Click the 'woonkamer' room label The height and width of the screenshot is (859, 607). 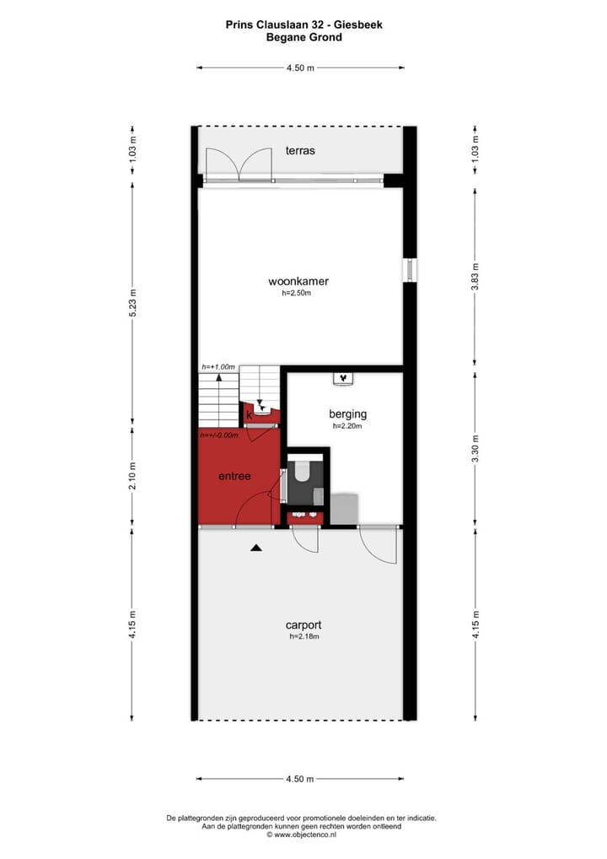[298, 281]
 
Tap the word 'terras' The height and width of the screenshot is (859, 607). [299, 150]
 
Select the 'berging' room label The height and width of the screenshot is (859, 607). [347, 414]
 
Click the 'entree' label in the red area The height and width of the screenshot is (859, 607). [234, 476]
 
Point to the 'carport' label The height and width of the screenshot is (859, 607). [303, 625]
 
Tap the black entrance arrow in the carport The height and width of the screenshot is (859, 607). [256, 548]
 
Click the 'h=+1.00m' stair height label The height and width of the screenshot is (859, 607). [218, 367]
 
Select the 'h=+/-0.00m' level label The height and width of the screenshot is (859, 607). [219, 435]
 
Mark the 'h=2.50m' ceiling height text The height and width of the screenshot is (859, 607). [297, 294]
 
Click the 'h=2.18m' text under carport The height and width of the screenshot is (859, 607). [303, 637]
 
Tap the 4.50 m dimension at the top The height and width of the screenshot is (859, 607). [300, 68]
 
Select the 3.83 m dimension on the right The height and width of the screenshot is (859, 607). [475, 275]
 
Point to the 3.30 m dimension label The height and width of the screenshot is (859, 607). [475, 449]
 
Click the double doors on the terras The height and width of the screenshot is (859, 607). [239, 164]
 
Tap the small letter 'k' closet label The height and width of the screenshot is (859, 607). [249, 414]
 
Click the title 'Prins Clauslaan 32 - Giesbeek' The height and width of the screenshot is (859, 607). [303, 24]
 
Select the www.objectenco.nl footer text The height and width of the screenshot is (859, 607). [302, 834]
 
